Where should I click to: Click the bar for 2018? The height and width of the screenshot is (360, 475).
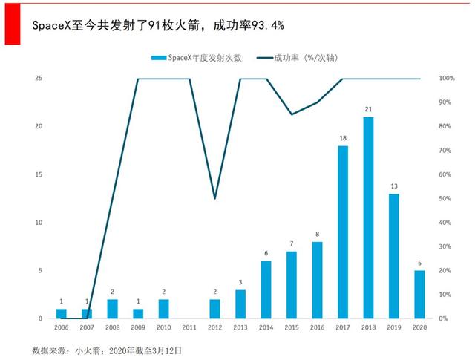tap(368, 217)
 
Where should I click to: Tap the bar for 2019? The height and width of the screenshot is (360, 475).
tap(394, 256)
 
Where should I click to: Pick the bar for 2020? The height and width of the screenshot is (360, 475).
tap(419, 295)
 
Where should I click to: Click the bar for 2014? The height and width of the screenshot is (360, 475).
tap(266, 289)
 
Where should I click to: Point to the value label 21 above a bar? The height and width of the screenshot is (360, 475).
tap(368, 110)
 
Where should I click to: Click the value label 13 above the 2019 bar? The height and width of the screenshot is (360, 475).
tap(394, 187)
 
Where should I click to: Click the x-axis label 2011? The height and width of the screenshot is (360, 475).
tap(189, 327)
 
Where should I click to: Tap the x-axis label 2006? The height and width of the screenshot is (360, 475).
tap(62, 327)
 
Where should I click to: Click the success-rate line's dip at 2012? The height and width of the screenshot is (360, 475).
tap(214, 198)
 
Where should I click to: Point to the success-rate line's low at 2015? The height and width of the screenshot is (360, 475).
tap(292, 114)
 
